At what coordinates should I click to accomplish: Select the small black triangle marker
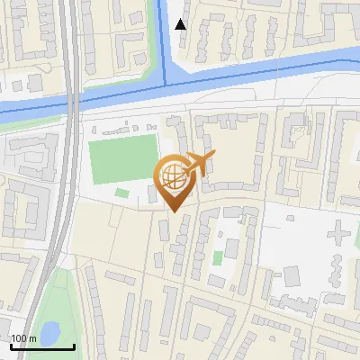[x=181, y=24]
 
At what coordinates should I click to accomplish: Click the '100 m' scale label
[x=23, y=338]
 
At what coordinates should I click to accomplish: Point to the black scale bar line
[x=41, y=346]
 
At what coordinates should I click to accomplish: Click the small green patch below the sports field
[x=121, y=193]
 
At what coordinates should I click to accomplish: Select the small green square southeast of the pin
[x=217, y=258]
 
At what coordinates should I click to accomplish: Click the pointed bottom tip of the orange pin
[x=173, y=211]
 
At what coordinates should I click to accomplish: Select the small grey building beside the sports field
[x=151, y=193]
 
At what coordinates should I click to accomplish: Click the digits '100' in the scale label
[x=18, y=338]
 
